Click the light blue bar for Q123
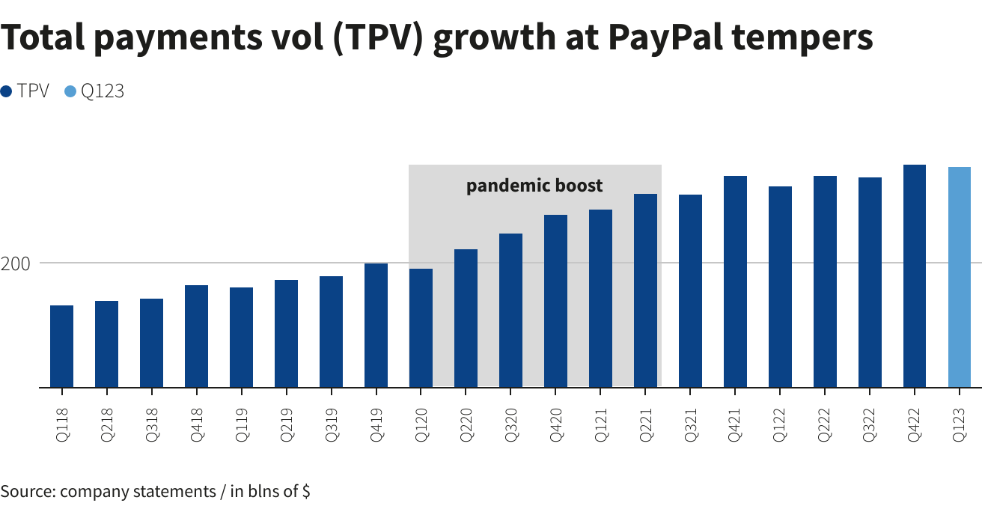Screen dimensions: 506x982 coord(960,277)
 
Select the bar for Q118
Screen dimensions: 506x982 coord(61,347)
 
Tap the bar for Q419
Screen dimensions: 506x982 coord(376,326)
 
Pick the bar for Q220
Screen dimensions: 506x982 coord(466,318)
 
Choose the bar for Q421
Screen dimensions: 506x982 coord(735,281)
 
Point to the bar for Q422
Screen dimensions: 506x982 coord(915,276)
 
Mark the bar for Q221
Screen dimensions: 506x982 coord(645,290)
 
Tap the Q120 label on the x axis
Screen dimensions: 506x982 coord(421,426)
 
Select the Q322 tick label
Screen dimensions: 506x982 coord(870,426)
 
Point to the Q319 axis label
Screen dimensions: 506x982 coord(331,426)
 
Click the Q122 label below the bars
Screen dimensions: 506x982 coord(780,426)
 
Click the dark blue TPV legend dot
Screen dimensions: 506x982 coord(7,91)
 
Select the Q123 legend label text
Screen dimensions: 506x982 coord(103,91)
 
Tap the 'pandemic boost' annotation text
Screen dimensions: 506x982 coord(534,186)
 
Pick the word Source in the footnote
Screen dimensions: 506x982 coord(25,492)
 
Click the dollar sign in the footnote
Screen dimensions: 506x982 coord(306,492)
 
